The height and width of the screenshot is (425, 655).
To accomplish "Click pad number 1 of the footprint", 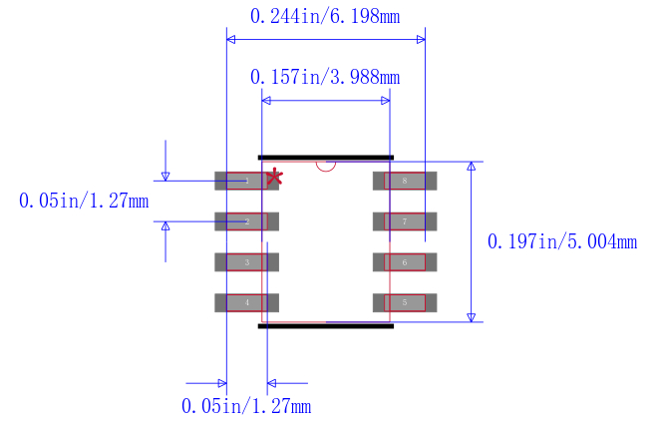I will (x=246, y=181).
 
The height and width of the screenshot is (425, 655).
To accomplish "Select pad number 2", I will (x=246, y=221).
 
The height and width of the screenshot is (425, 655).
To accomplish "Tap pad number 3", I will (x=246, y=262).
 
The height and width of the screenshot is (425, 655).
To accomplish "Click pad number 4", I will (x=246, y=302).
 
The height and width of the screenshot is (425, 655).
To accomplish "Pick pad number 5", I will (x=405, y=302).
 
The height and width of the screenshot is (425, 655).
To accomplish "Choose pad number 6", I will (x=405, y=262).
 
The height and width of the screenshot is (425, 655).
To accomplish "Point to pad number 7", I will (x=405, y=221).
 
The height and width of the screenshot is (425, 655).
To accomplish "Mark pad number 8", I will (x=405, y=181).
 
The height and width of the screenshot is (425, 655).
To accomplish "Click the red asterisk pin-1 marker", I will (x=274, y=177).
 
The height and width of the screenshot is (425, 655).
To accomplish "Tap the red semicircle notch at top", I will (x=326, y=166).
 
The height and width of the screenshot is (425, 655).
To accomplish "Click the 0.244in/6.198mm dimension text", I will (x=326, y=15).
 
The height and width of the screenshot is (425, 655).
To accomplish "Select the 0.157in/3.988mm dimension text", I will (x=325, y=77).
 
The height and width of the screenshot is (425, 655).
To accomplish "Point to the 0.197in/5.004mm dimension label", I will (x=561, y=241).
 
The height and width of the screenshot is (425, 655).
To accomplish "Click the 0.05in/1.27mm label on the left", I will (x=84, y=201).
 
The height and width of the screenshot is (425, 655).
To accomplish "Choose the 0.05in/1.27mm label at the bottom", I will (x=246, y=406).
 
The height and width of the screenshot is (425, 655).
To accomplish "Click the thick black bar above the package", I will (x=326, y=157).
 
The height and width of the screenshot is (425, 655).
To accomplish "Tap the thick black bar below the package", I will (x=326, y=325).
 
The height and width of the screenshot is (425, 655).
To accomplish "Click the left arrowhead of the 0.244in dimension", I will (x=231, y=40).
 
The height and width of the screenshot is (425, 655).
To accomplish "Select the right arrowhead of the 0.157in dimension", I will (x=385, y=101).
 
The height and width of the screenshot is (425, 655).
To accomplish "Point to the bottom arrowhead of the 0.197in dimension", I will (x=472, y=316).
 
